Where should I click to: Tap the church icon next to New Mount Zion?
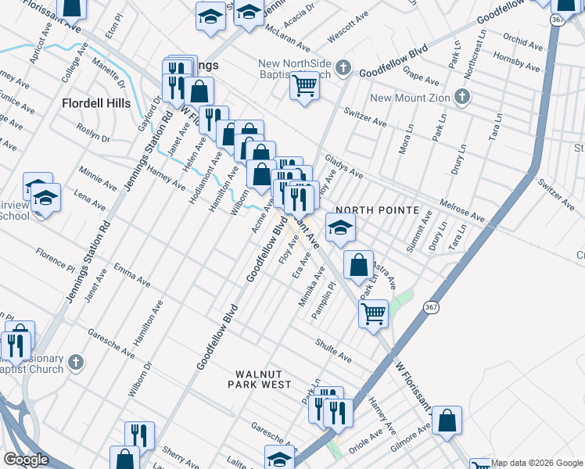[461, 98]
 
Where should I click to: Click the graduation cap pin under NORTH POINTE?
[340, 227]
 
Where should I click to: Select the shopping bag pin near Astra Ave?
[357, 265]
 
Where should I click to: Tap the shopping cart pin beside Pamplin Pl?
[373, 314]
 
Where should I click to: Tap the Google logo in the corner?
[26, 460]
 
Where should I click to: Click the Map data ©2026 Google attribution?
[537, 463]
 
